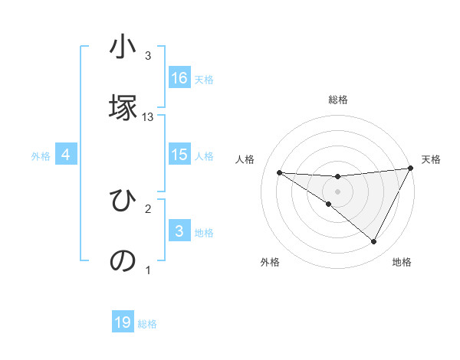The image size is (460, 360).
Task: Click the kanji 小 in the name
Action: [123, 48]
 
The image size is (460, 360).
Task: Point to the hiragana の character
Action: [123, 260]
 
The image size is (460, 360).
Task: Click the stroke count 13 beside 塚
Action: [148, 117]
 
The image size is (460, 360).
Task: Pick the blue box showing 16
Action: [179, 78]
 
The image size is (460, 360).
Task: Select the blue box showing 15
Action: [179, 155]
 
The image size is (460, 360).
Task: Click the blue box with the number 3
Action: [179, 231]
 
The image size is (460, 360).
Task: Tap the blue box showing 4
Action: [66, 155]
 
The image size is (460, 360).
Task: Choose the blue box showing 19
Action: [123, 322]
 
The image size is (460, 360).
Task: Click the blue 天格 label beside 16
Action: [203, 80]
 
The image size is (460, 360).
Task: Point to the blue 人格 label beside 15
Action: [203, 156]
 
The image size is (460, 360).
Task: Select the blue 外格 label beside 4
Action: [41, 156]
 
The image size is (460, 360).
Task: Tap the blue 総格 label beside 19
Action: [147, 324]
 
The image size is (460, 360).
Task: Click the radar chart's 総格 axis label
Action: [338, 100]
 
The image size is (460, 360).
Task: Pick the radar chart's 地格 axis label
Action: [402, 262]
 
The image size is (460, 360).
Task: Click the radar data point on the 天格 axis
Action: [410, 169]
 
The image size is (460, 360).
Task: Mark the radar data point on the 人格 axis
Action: [279, 172]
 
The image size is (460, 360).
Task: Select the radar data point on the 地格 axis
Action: [374, 241]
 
